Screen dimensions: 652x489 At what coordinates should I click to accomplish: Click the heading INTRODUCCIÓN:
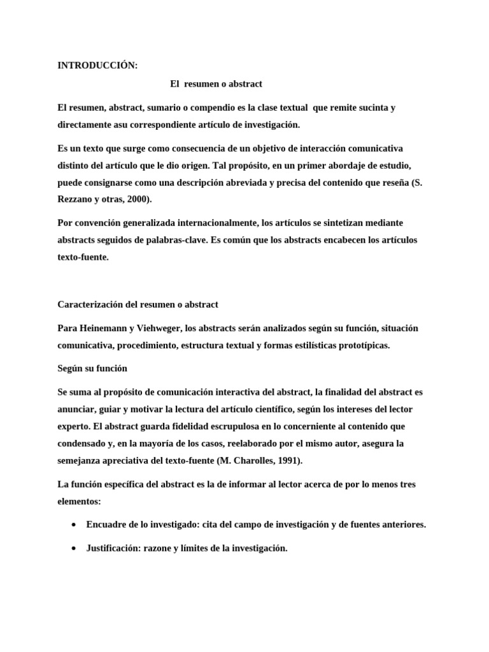[x=97, y=66]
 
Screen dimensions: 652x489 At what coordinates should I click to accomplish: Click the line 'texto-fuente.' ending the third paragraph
[x=83, y=259]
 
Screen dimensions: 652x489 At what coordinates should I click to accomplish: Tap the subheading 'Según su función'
[x=92, y=368]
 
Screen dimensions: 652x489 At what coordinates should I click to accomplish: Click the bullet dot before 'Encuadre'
[x=75, y=525]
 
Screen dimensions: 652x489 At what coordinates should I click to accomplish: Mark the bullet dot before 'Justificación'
[x=75, y=548]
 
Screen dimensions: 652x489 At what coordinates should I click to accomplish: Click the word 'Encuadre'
[x=107, y=525]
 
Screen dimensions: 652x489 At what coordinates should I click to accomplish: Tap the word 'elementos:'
[x=79, y=502]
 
